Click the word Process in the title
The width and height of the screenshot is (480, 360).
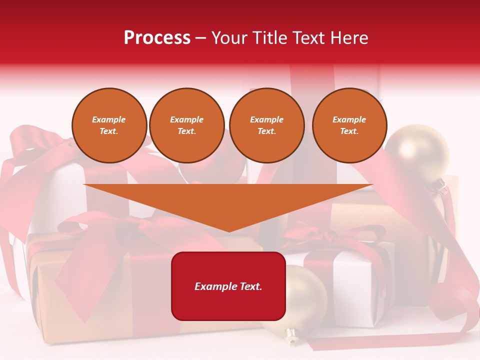coord(157,37)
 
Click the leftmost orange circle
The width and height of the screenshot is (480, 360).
coord(109,125)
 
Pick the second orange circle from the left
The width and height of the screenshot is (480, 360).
coord(187,125)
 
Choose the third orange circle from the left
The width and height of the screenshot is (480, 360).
coord(267,125)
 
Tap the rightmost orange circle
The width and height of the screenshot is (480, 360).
coord(349,125)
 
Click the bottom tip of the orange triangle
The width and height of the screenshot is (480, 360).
coord(229,230)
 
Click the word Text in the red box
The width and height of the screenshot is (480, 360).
coord(250,286)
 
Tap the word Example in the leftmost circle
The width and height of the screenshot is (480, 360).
coord(109,119)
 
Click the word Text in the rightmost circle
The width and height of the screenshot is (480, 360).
coord(349,131)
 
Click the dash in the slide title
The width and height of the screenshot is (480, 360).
coord(200,37)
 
